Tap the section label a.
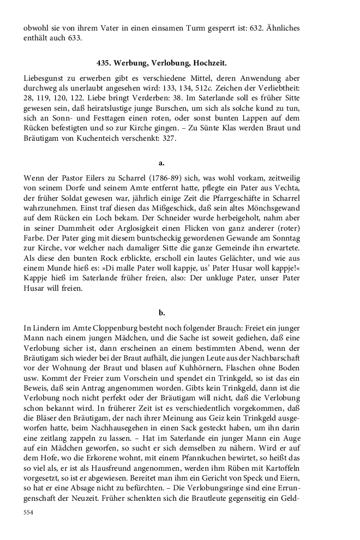pyautogui.click(x=161, y=163)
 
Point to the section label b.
pyautogui.click(x=161, y=313)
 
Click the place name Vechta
pyautogui.click(x=286, y=188)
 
